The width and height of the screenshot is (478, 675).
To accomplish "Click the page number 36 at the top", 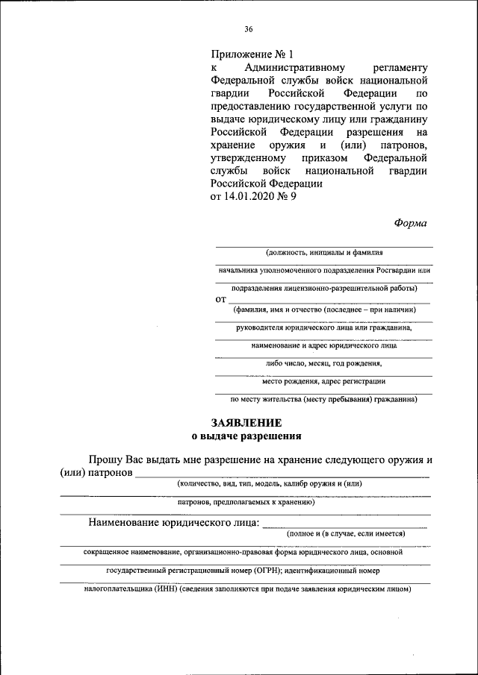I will click(x=249, y=29).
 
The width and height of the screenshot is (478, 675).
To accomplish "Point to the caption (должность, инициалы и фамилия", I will click(x=323, y=252).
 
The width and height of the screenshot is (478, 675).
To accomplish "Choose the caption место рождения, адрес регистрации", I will click(x=323, y=382).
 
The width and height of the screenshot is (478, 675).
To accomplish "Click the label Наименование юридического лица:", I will click(x=174, y=522).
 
